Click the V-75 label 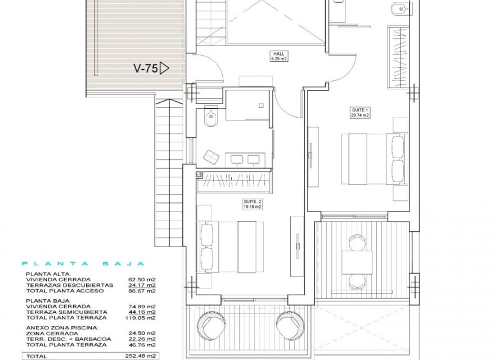(x=145, y=69)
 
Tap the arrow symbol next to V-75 (x=164, y=69)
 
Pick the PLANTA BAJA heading (x=83, y=263)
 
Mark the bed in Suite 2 (x=232, y=246)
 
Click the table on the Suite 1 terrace (x=357, y=262)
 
